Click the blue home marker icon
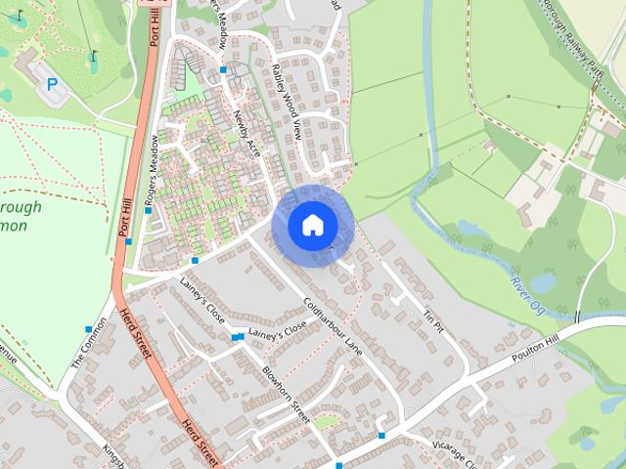312,225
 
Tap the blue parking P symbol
52,85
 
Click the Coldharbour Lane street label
333,325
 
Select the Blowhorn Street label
286,395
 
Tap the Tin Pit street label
433,319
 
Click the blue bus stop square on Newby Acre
224,70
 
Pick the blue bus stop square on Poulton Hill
382,435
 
